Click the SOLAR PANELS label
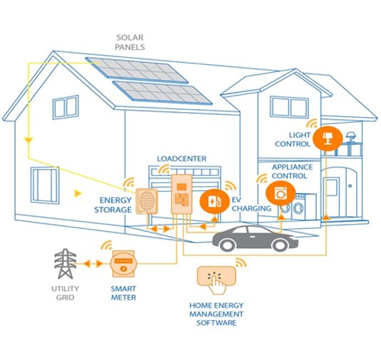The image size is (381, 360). click(130, 42)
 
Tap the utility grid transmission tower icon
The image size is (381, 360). click(65, 264)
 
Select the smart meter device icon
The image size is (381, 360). click(123, 264)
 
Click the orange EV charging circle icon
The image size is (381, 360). click(214, 201)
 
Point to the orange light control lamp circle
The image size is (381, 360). click(328, 138)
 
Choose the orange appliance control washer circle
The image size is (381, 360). click(281, 193)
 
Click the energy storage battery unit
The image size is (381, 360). click(147, 201)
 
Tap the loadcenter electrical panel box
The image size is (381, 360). click(182, 195)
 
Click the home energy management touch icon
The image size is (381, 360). click(216, 279)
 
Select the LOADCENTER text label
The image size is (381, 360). click(182, 159)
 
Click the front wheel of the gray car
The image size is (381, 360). click(281, 245)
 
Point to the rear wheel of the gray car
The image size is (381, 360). click(228, 244)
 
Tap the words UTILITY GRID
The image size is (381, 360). click(65, 293)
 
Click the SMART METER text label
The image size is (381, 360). click(123, 293)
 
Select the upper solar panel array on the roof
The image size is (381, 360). click(137, 70)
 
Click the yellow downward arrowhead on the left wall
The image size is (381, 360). click(28, 141)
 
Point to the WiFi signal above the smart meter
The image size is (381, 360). click(106, 245)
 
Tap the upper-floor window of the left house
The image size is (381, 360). click(66, 107)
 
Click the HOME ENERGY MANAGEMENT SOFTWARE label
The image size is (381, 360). click(216, 314)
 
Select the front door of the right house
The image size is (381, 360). click(330, 197)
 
